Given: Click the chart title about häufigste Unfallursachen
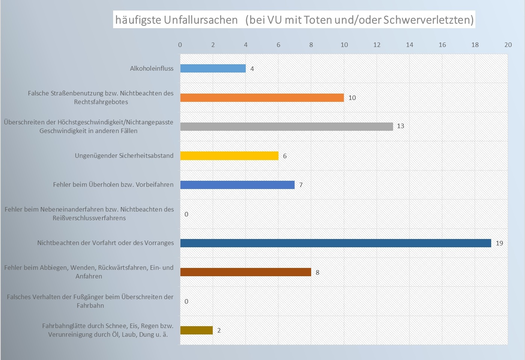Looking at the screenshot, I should (294, 20).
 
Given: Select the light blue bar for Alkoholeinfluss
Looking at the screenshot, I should (213, 68).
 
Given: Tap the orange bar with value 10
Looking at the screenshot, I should (262, 98).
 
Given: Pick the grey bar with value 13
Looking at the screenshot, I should (286, 127).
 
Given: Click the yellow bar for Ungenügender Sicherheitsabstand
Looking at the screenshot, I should (229, 156).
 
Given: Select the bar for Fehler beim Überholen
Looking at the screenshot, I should (237, 185).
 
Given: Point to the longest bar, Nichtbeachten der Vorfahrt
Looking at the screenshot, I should (336, 243).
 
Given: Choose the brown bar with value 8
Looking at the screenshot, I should (245, 272).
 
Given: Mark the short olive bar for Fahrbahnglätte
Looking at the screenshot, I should (196, 330).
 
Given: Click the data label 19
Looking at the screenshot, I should (499, 243).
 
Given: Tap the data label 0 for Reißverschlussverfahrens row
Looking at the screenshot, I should (186, 214).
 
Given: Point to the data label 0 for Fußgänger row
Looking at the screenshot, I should (186, 301).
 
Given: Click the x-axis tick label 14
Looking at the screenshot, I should (409, 45).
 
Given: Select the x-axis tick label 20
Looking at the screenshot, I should (508, 45).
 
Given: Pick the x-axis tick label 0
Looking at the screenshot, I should (180, 45).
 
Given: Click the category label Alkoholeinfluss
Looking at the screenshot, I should (151, 68).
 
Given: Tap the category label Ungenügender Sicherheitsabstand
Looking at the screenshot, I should (124, 156).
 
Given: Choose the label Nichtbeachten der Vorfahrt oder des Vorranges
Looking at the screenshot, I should (105, 243).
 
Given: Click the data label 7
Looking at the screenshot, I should (301, 185).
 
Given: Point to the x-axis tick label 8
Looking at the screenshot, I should (311, 45).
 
